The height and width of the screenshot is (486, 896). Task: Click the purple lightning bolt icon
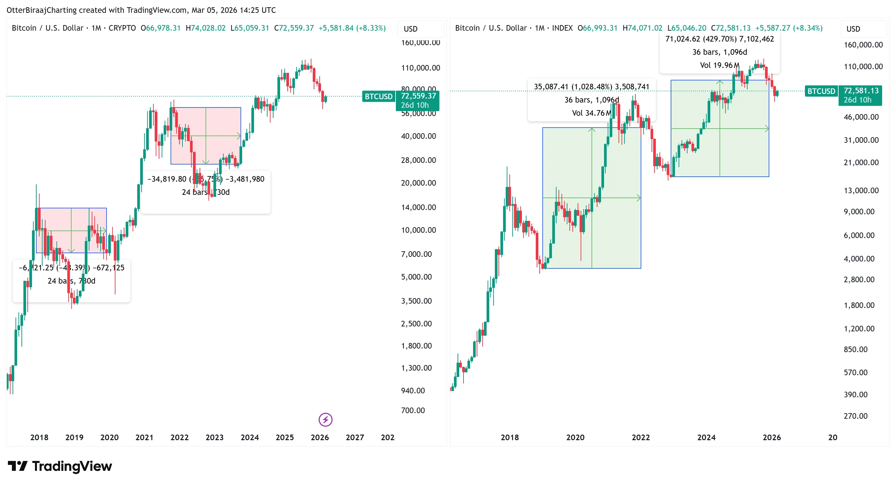pos(325,420)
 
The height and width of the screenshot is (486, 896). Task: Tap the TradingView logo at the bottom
pos(60,466)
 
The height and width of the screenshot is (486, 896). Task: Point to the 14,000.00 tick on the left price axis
pos(418,207)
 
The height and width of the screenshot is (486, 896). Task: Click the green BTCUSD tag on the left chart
pos(378,96)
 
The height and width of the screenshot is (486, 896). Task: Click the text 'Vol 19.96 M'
pos(719,65)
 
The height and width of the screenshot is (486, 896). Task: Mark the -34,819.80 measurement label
pos(167,179)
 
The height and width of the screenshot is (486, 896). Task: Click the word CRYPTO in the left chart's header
pos(122,28)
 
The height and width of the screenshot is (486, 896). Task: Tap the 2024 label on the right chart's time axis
pos(706,437)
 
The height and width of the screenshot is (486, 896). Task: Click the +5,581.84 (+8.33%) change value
pos(352,28)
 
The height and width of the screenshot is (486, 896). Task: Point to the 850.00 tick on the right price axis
pos(855,349)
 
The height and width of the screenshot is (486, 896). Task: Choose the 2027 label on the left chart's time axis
pos(354,437)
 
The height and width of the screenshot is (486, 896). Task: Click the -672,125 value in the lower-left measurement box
pos(108,268)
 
